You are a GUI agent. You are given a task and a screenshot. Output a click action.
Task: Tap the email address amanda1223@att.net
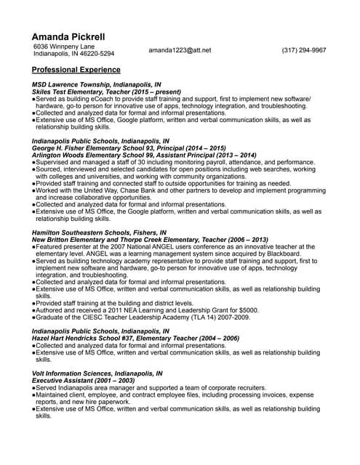[180, 50]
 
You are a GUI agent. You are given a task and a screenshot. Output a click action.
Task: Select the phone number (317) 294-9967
[304, 50]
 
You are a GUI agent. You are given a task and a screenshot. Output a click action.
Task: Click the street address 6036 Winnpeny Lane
[65, 46]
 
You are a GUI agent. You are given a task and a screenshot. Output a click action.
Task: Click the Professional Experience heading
[76, 70]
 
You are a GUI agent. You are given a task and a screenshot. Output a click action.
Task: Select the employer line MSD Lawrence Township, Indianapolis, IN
[97, 85]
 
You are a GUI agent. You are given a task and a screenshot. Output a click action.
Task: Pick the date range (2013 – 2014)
[233, 155]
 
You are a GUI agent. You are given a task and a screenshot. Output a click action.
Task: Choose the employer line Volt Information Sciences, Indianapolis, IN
[97, 373]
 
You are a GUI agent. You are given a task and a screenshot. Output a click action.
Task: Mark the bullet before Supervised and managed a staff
[33, 162]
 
